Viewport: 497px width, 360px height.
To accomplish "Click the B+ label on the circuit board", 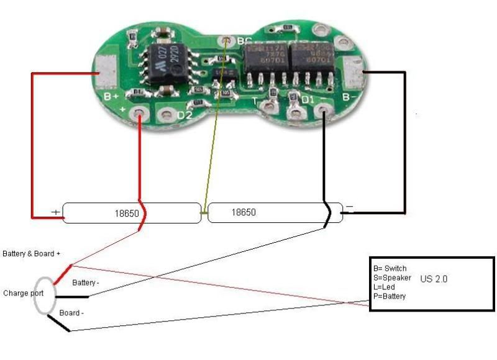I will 112,97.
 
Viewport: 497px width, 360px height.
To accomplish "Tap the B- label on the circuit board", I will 349,96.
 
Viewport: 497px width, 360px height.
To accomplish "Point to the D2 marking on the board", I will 185,115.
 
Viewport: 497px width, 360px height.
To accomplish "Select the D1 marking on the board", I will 309,99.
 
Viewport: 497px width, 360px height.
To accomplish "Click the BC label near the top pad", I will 244,41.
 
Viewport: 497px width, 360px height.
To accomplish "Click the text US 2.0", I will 434,279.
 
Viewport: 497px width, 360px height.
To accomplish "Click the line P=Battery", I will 390,297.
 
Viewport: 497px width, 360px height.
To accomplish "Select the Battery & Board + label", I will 32,254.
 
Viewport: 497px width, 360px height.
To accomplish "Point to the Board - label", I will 72,313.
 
